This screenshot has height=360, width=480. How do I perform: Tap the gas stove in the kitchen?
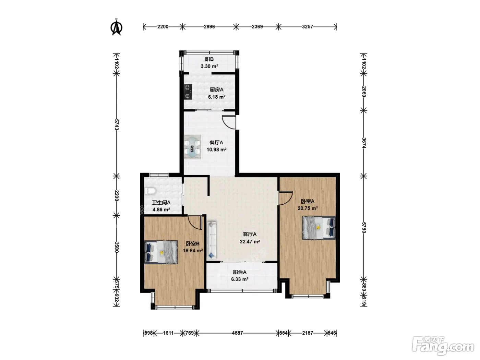click(x=188, y=92)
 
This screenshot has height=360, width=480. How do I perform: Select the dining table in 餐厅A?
click(x=192, y=147)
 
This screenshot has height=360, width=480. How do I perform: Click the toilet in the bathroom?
click(x=150, y=191)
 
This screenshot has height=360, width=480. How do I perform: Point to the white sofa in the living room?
click(x=212, y=240)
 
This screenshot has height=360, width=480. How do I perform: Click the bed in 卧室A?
click(x=319, y=228)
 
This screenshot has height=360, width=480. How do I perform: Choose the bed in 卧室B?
click(x=161, y=252)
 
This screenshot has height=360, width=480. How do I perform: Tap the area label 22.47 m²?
click(x=250, y=241)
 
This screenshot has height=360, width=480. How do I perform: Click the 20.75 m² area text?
click(x=308, y=208)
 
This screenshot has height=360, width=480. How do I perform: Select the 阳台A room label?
click(x=240, y=272)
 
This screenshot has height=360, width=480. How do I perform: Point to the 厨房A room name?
click(x=216, y=89)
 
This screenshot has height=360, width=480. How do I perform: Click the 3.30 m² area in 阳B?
click(x=209, y=66)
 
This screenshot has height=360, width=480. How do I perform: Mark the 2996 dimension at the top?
click(x=209, y=27)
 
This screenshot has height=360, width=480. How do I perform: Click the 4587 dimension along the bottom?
click(x=238, y=333)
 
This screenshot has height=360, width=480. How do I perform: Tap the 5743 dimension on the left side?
click(x=116, y=124)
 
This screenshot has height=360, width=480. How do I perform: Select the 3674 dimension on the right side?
click(x=364, y=143)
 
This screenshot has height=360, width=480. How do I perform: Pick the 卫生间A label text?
click(x=161, y=202)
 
